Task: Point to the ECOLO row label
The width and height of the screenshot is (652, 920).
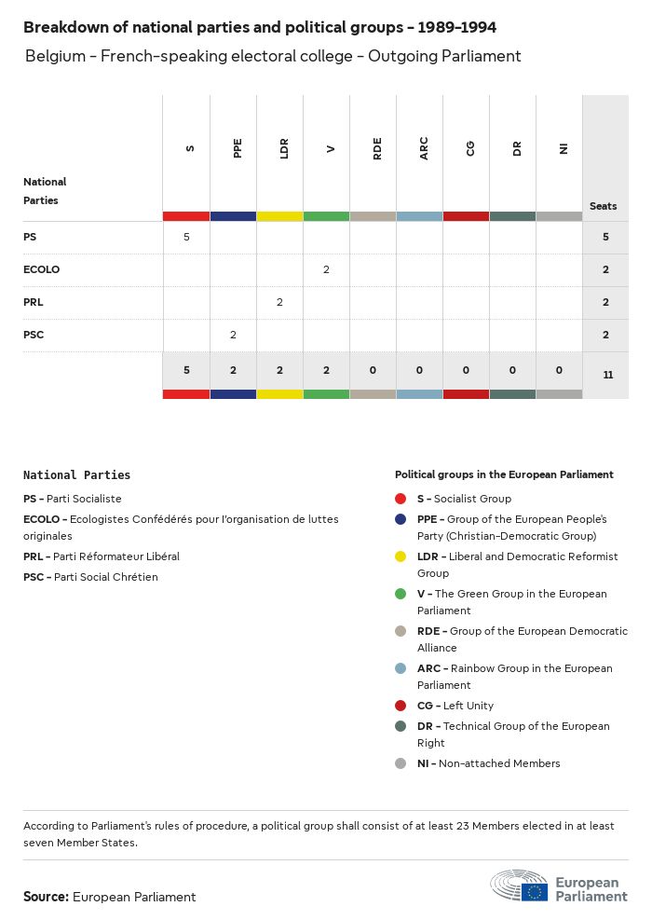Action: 41,269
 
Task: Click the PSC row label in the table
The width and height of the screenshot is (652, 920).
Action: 34,335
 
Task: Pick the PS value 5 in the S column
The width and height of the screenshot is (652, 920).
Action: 186,237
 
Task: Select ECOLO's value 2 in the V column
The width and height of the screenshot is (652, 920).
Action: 326,269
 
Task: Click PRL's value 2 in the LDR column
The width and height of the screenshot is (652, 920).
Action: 279,302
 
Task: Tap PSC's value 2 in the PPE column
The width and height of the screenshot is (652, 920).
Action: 233,335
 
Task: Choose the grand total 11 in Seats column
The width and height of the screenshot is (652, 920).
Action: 607,375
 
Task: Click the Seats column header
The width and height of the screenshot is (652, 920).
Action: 603,206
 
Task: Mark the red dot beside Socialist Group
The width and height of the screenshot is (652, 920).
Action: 401,499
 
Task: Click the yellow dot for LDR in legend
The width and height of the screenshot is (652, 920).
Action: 401,556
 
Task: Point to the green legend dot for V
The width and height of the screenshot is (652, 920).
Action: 401,594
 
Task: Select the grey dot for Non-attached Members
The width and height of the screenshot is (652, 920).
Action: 401,763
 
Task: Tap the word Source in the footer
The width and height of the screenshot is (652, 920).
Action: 46,897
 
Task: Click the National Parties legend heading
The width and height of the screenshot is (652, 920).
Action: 76,475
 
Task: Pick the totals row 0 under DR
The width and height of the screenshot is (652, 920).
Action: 512,370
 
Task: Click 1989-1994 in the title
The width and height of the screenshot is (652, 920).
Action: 456,27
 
